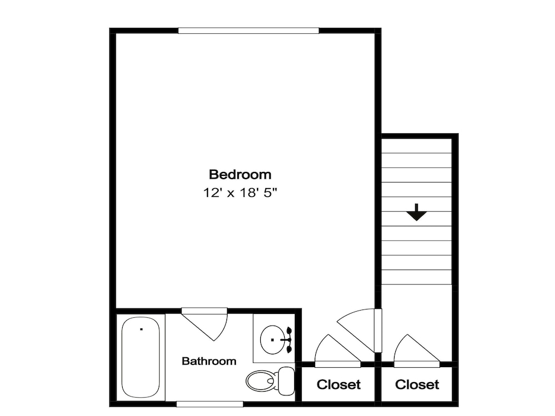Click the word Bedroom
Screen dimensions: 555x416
[x=240, y=174]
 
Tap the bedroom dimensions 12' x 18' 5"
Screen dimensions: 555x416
[x=240, y=193]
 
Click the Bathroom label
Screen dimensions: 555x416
[x=209, y=361]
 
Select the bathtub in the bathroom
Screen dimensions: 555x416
[x=141, y=357]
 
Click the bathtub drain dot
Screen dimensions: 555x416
[x=141, y=329]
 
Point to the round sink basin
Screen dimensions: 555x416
[x=272, y=339]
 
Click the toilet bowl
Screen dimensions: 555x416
[x=261, y=381]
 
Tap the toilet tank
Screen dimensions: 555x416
[x=286, y=381]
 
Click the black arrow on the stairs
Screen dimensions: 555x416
[x=417, y=212]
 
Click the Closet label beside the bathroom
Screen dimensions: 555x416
[x=339, y=384]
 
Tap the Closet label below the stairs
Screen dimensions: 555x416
[x=417, y=384]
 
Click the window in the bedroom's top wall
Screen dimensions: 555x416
[x=249, y=31]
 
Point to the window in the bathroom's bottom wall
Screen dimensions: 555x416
[x=210, y=404]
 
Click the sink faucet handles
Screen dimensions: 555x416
[x=289, y=339]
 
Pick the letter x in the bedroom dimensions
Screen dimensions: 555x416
[x=230, y=194]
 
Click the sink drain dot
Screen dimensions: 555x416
[x=273, y=340]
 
